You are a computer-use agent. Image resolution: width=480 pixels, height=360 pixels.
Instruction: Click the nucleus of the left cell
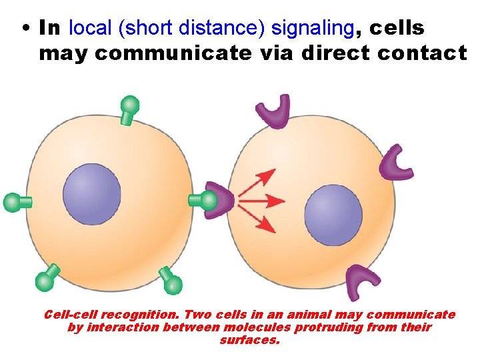click(x=92, y=194)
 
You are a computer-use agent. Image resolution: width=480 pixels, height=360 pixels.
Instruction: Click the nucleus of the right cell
click(x=333, y=215)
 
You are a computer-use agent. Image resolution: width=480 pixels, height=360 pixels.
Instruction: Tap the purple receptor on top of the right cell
click(x=273, y=110)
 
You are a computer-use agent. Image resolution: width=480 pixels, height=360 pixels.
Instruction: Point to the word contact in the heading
click(x=422, y=53)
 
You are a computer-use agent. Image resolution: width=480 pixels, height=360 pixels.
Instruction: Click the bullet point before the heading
click(x=25, y=29)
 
